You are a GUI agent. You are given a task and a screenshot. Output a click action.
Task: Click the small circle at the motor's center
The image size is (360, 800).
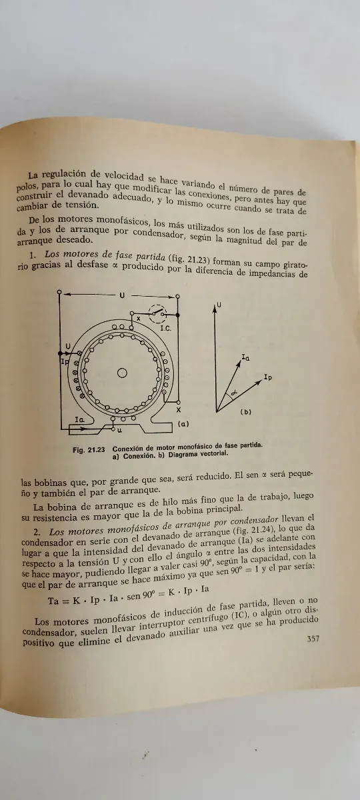pyautogui.click(x=122, y=373)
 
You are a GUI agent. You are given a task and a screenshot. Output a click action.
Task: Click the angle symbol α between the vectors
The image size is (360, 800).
pyautogui.click(x=233, y=394)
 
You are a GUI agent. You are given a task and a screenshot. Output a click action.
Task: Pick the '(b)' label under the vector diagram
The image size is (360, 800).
pyautogui.click(x=245, y=413)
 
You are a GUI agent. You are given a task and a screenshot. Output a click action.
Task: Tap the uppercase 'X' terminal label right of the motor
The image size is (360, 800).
pyautogui.click(x=179, y=410)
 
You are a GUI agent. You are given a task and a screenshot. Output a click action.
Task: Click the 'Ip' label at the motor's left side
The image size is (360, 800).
pyautogui.click(x=64, y=361)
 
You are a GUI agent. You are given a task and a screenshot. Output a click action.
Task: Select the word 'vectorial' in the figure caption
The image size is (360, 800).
pyautogui.click(x=210, y=455)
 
